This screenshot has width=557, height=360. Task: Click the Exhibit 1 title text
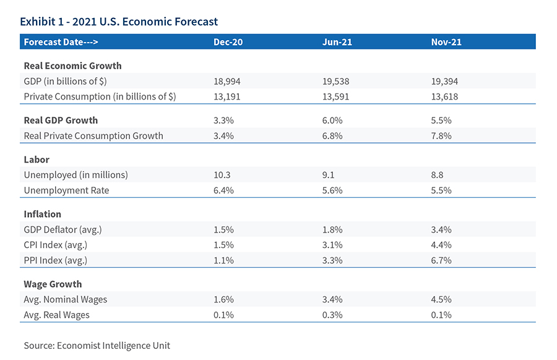119,22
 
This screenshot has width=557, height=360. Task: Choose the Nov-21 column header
446,42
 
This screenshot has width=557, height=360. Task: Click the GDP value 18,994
227,81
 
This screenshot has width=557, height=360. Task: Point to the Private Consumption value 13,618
444,96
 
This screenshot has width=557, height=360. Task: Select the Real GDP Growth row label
61,120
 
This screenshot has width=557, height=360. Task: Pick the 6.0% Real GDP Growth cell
333,120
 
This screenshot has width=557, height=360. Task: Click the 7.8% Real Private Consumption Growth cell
441,135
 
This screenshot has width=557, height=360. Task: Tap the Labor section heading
36,159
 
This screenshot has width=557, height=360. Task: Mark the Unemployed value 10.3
222,174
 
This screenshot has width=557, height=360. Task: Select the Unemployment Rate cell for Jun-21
333,190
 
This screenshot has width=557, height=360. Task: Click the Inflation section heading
42,214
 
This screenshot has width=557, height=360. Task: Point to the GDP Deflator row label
63,229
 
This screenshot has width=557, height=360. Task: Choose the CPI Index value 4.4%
441,245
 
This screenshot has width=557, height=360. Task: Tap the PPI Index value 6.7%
441,260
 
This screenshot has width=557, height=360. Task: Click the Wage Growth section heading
53,284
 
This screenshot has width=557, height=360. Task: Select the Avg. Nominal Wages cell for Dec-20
223,299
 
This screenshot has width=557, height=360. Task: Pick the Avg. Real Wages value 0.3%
333,315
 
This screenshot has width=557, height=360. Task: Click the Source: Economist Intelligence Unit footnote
97,345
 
